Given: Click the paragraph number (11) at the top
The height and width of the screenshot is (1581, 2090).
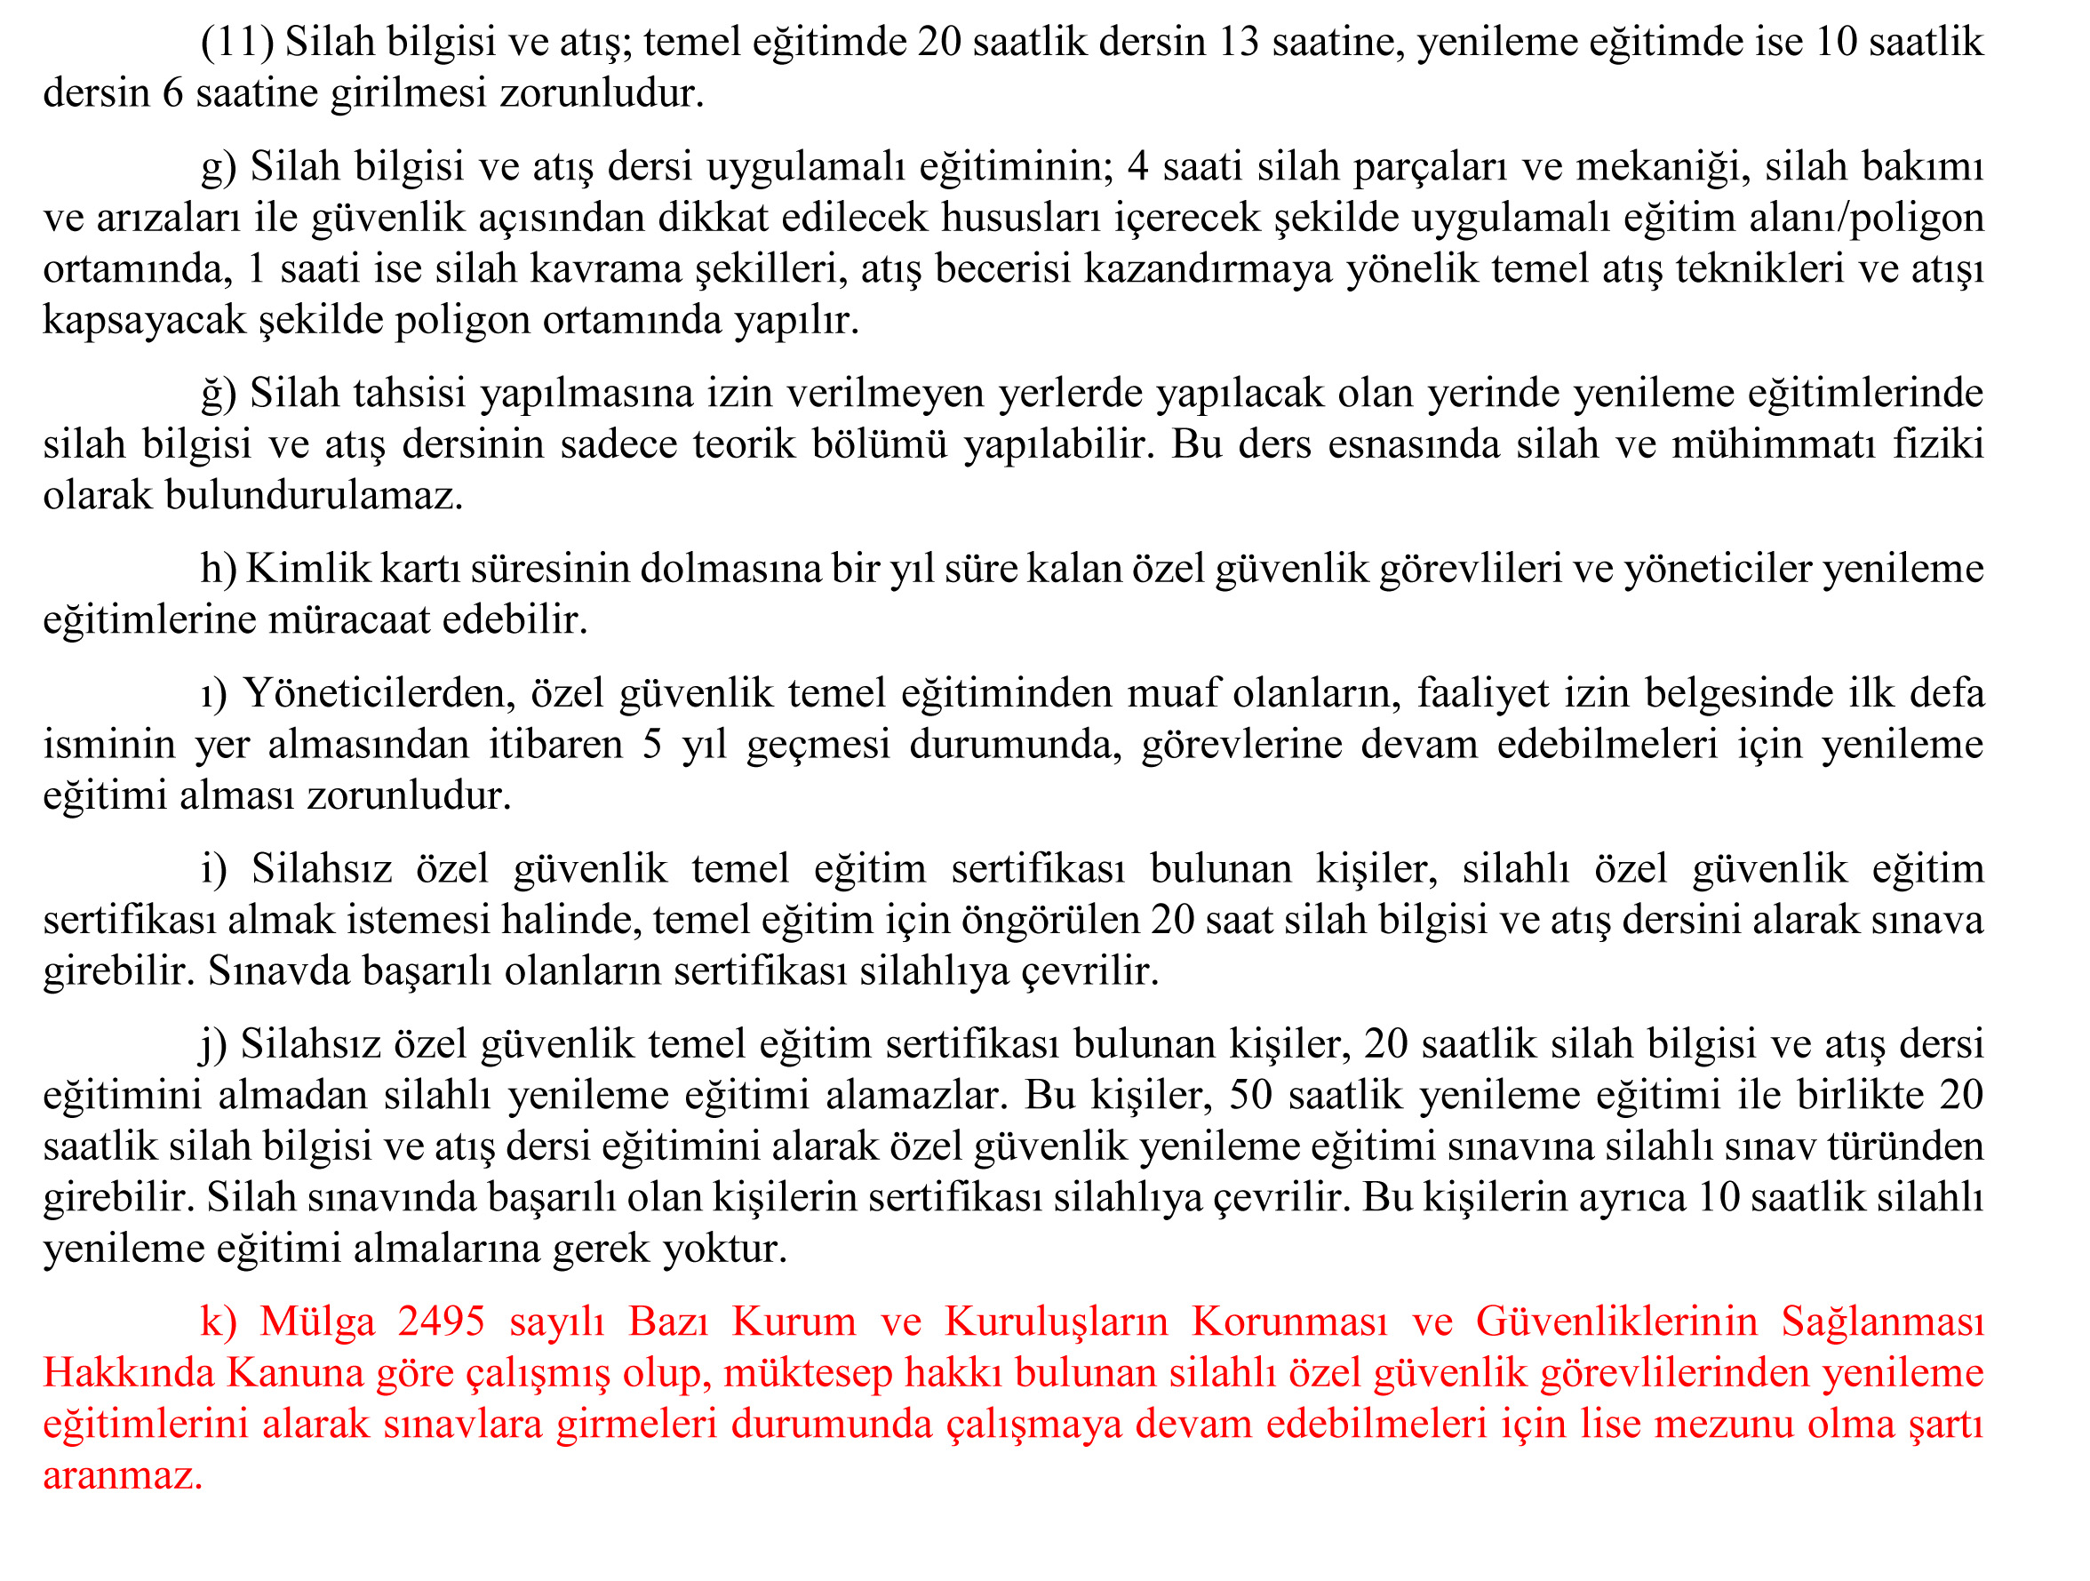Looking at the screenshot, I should pyautogui.click(x=237, y=43).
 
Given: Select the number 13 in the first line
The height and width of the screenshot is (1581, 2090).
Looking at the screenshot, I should pyautogui.click(x=1239, y=43).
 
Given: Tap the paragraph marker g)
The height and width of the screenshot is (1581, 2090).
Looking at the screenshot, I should pyautogui.click(x=219, y=167).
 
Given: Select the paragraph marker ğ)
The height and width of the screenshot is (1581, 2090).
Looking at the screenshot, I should pyautogui.click(x=219, y=394).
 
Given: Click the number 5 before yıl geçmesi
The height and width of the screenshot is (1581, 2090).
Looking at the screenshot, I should pyautogui.click(x=652, y=745).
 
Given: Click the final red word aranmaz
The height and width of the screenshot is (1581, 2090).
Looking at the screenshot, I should pyautogui.click(x=123, y=1476).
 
